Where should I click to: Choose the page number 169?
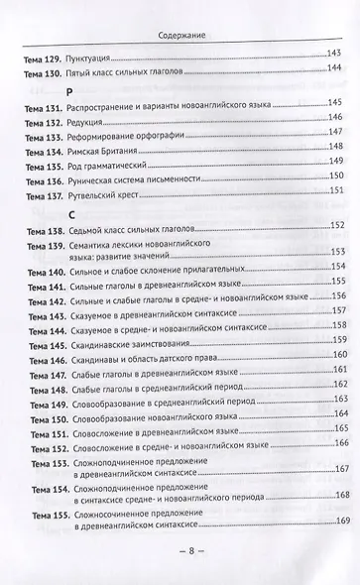click(335, 523)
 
